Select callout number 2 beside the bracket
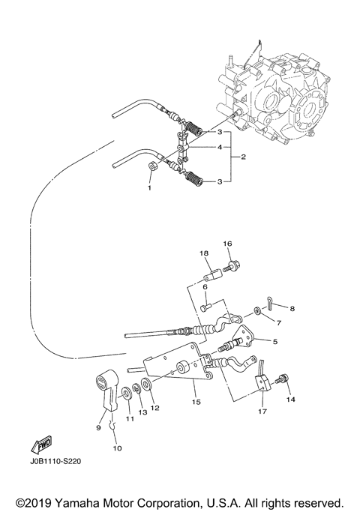[x=244, y=157]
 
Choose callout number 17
[x=262, y=412]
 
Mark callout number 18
[x=203, y=254]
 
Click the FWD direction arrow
[x=37, y=447]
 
